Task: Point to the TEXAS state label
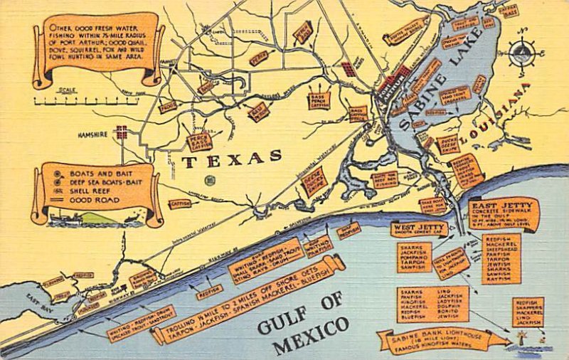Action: tap(232, 159)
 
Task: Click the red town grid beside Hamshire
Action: tap(122, 132)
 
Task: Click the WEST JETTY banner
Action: tap(419, 228)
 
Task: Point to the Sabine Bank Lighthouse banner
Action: tap(441, 340)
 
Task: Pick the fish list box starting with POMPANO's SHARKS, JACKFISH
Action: tap(415, 258)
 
